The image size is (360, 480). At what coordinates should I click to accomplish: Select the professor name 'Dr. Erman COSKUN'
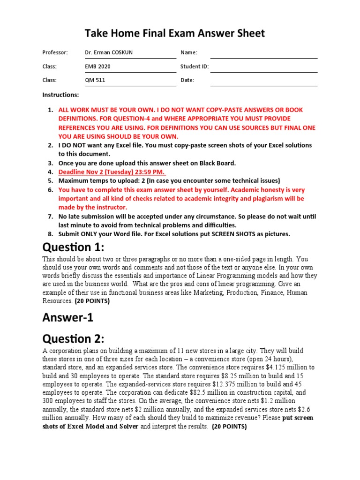click(108, 52)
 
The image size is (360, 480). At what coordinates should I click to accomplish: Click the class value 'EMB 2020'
click(97, 67)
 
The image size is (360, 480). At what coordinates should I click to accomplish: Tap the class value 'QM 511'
click(95, 80)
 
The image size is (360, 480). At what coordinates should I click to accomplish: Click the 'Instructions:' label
click(60, 95)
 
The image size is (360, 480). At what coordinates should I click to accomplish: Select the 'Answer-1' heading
click(68, 317)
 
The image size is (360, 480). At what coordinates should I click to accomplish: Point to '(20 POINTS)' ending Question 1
click(92, 301)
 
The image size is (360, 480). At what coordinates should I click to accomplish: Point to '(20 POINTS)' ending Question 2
click(229, 427)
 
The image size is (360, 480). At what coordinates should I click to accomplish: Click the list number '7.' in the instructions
click(50, 217)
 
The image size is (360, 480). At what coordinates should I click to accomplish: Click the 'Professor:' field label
click(55, 52)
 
